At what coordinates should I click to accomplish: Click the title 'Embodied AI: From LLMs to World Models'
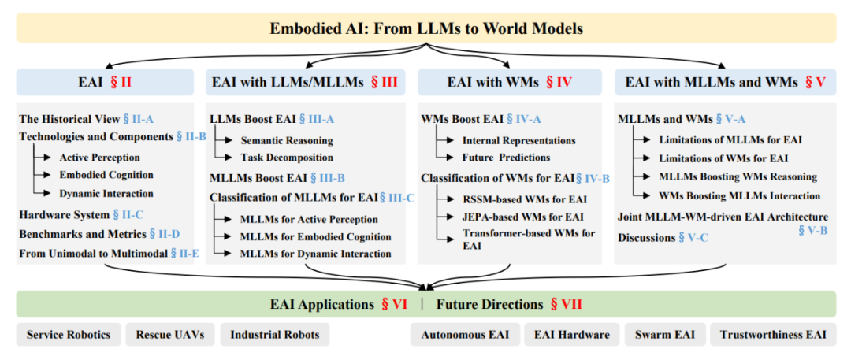tap(426, 28)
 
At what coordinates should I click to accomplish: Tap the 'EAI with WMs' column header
tap(492, 82)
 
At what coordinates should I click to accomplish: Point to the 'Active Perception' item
tap(99, 157)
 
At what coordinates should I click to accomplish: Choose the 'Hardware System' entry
tap(64, 213)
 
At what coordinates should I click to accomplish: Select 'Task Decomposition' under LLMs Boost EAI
tap(286, 157)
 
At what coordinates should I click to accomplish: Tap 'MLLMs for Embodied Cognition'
tap(316, 236)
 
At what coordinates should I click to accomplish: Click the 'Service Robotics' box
tap(68, 335)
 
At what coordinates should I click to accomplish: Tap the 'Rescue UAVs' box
tap(169, 335)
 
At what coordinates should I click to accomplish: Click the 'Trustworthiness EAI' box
tap(772, 335)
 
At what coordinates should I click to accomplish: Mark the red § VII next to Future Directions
tap(566, 304)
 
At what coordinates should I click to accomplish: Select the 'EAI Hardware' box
tap(571, 335)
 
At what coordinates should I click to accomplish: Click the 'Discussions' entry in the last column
tap(646, 237)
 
